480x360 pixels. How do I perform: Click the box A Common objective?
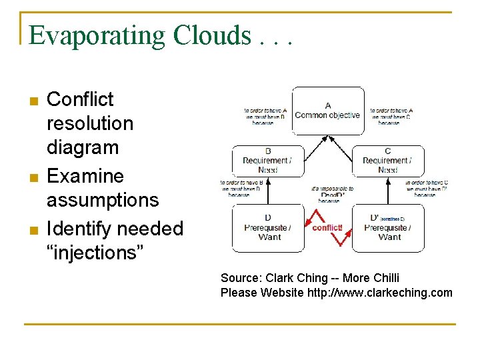327,110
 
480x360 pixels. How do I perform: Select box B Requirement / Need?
267,161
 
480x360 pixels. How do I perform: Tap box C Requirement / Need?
387,161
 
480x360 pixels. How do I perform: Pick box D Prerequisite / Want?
267,227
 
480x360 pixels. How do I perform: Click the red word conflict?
327,227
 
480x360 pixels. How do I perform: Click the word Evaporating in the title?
97,36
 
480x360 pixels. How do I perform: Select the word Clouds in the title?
209,36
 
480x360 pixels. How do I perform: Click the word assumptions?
103,200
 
